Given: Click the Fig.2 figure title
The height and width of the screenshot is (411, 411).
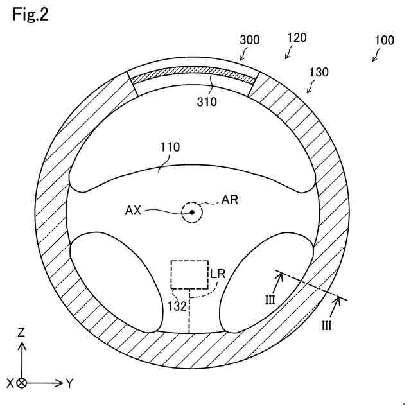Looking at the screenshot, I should [x=30, y=15].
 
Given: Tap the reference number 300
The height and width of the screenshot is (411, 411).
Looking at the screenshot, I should [x=249, y=40].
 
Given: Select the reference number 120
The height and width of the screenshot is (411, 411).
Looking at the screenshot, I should [x=296, y=39].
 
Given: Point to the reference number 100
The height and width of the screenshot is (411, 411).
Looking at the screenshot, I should [x=384, y=40].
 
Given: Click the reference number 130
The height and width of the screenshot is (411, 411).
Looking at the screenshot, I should [x=319, y=72].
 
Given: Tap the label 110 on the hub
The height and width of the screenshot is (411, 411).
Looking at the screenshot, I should [x=170, y=148].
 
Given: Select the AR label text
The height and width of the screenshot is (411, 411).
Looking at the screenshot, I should [x=229, y=200].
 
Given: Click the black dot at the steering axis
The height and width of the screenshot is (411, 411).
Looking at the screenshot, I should [x=191, y=213].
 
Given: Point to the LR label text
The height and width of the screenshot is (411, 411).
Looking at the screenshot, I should [x=218, y=274].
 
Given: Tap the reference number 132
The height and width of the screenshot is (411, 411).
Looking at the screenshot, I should [x=177, y=306].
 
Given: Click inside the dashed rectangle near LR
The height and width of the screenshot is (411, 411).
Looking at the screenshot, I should [x=189, y=275].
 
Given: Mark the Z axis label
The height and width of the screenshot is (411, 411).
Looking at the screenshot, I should [x=21, y=332].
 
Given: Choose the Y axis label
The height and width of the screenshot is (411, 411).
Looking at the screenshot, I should [x=69, y=383].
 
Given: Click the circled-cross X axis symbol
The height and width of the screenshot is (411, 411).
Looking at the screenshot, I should [x=21, y=383].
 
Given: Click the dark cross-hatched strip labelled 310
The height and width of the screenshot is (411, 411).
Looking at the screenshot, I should [x=193, y=75].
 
